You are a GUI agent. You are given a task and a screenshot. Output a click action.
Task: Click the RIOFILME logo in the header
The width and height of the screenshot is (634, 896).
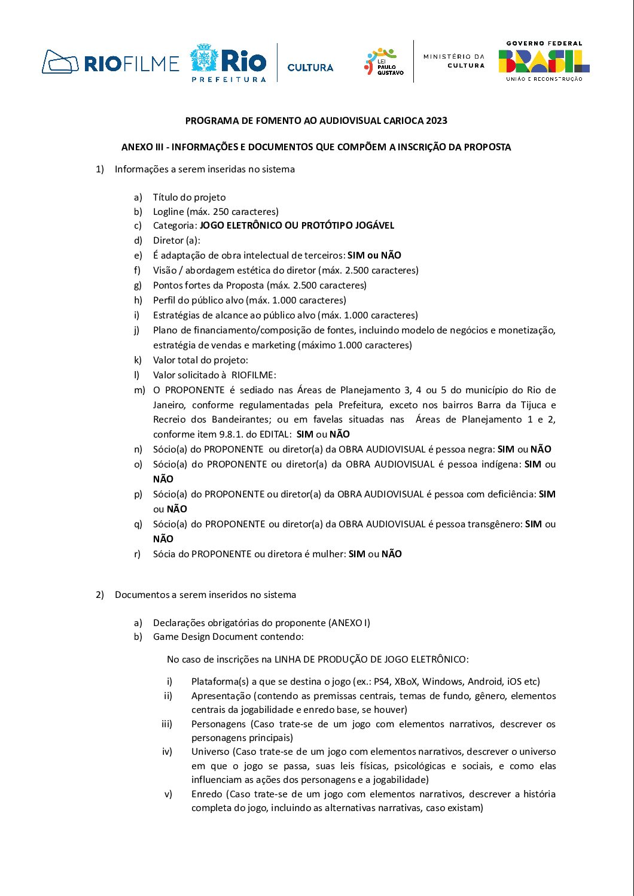(x=111, y=62)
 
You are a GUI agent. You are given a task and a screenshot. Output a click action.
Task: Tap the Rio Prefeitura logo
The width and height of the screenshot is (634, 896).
(x=228, y=62)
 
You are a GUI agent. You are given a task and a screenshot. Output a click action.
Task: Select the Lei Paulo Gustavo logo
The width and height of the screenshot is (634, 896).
(x=384, y=62)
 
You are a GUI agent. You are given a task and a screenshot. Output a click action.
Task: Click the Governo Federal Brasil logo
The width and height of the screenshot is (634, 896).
(x=544, y=61)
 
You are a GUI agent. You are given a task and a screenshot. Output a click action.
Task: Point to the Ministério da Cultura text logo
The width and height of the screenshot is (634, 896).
(x=454, y=60)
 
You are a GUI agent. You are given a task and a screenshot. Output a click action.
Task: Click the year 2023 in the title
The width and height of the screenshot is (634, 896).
(x=437, y=120)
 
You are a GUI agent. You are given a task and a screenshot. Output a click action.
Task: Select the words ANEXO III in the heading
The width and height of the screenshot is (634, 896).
(x=142, y=147)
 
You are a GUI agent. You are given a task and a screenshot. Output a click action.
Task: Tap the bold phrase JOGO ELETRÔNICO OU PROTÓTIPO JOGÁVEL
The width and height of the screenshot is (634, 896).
(x=297, y=226)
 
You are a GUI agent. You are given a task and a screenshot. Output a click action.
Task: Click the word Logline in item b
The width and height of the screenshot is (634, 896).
(x=169, y=211)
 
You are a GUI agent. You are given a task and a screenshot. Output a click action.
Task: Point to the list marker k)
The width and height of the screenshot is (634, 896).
(x=138, y=360)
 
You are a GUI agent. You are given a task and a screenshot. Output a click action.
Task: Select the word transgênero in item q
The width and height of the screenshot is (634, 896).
(x=494, y=524)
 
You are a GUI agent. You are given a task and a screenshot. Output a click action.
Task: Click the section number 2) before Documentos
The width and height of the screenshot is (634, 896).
(x=100, y=595)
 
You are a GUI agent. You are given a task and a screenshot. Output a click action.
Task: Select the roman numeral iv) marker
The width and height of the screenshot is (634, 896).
(x=167, y=752)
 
